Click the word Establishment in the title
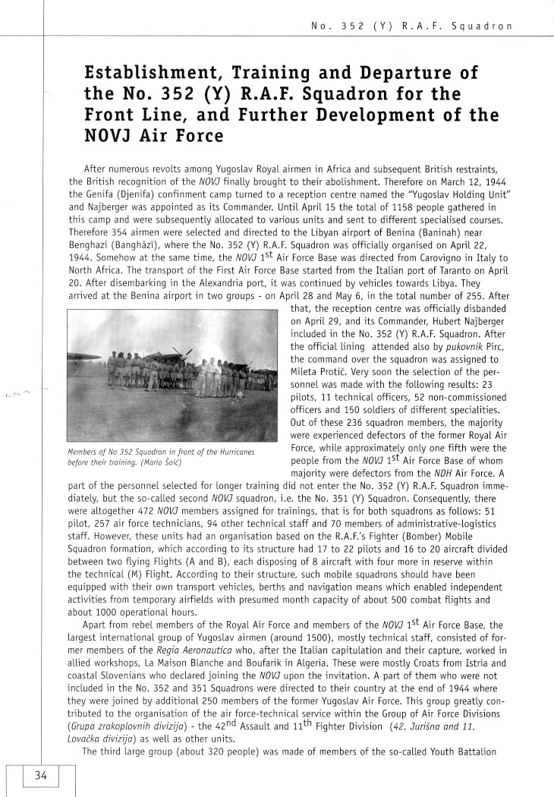(x=151, y=73)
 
